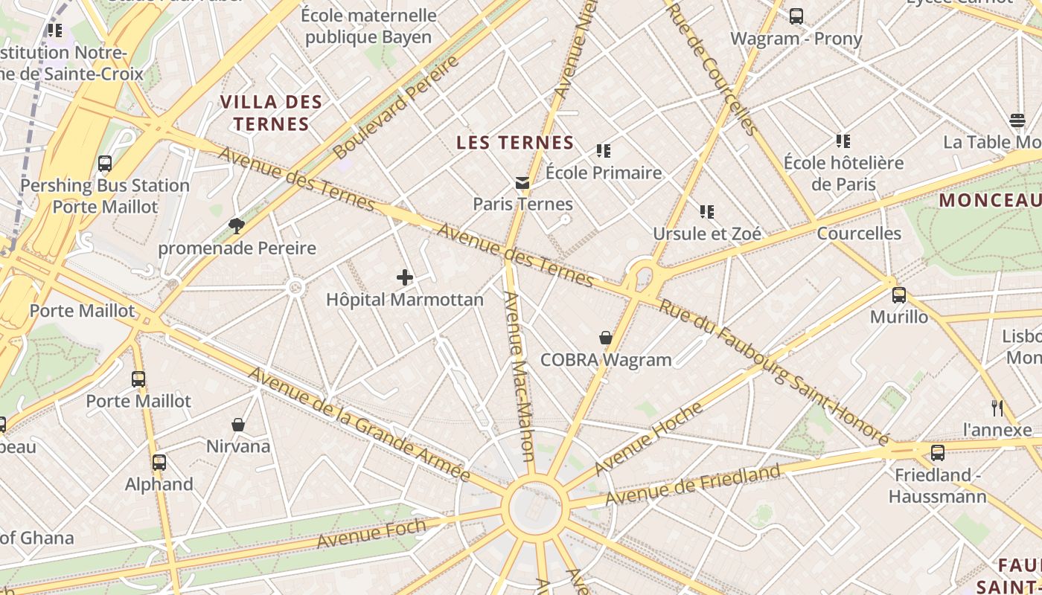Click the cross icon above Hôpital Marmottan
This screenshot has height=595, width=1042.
click(405, 277)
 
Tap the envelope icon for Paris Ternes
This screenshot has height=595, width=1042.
click(522, 182)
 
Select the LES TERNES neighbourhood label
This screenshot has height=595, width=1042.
click(515, 143)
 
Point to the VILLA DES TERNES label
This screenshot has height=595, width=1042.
click(271, 113)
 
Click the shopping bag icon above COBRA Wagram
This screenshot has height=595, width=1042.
click(606, 338)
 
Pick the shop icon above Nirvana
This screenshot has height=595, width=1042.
click(238, 425)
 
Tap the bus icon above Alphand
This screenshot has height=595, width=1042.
click(159, 463)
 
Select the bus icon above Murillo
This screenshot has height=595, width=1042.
click(899, 295)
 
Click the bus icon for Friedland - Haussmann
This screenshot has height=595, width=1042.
click(938, 453)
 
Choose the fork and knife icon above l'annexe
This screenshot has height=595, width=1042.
click(997, 408)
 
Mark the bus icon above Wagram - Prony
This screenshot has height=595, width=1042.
click(796, 16)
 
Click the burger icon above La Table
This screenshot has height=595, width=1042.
click(1017, 120)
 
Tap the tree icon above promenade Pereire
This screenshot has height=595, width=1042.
click(237, 225)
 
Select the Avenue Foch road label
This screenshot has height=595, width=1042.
click(371, 533)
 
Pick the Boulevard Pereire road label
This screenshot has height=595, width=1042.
click(396, 108)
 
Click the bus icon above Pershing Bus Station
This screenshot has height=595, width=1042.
click(105, 164)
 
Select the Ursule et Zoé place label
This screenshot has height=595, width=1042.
click(707, 234)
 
